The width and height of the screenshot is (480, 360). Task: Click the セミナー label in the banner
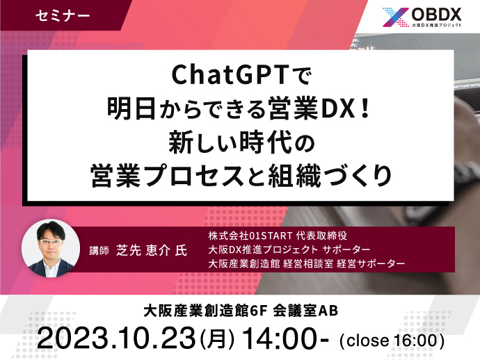coord(63,15)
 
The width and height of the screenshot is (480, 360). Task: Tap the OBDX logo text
coord(437,15)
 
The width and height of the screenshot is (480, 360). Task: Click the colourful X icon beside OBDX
coord(396,17)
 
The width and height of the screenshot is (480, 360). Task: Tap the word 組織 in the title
coord(294,176)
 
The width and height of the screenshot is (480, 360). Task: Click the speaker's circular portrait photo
coord(51,248)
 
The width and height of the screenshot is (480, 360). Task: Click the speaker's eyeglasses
coord(51,242)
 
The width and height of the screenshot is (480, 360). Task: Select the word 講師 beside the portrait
coord(99,250)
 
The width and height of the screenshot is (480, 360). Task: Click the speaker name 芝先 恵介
coord(143,250)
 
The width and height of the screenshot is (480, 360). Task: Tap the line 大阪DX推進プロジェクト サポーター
coord(289,249)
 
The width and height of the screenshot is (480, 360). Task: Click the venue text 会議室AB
coord(305,311)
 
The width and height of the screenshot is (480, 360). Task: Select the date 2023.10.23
coord(116,338)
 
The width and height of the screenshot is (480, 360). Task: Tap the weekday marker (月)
coord(217,339)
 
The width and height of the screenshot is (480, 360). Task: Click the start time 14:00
coord(281,338)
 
